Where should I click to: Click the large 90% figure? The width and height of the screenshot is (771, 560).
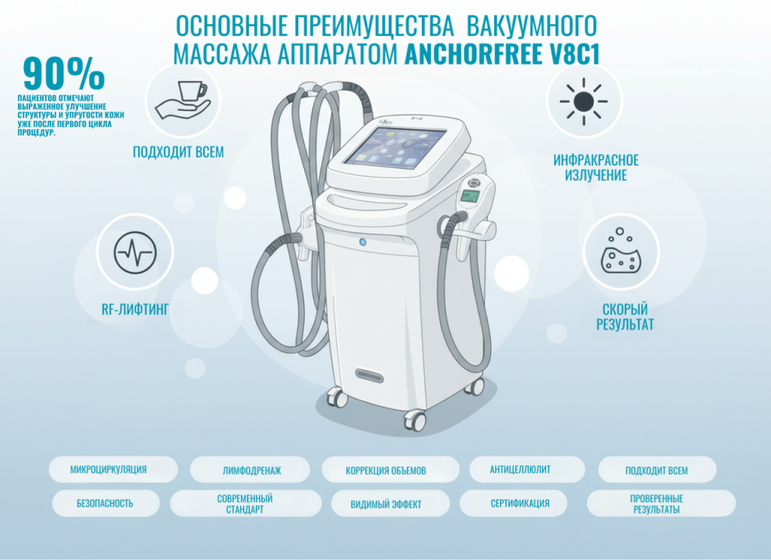coord(63,74)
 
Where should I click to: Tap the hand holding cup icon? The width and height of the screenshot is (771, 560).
coord(183,100)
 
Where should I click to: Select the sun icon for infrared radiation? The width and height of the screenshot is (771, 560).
coord(584,102)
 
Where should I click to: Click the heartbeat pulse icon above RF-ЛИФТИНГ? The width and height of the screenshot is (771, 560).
coord(136,253)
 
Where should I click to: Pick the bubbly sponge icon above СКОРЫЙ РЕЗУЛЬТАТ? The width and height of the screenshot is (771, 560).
coord(621,251)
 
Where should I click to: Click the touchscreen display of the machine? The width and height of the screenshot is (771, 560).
coord(395,147)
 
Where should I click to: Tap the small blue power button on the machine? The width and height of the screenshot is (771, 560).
coord(363,242)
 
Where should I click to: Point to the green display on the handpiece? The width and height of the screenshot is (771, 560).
coord(470,197)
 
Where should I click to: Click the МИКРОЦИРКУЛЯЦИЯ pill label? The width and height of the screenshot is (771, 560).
coord(113,470)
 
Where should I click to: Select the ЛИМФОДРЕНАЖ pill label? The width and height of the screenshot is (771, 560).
coord(250,470)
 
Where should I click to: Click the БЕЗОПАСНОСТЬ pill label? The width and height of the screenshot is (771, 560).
coord(105,504)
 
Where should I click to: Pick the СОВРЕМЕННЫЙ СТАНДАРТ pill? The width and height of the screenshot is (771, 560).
coord(245,504)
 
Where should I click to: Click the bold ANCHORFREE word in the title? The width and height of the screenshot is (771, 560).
coord(473,53)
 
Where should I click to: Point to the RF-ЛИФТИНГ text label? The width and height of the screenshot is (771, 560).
coord(136,309)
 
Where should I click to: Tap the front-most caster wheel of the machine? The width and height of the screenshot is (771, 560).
coord(416,421)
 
